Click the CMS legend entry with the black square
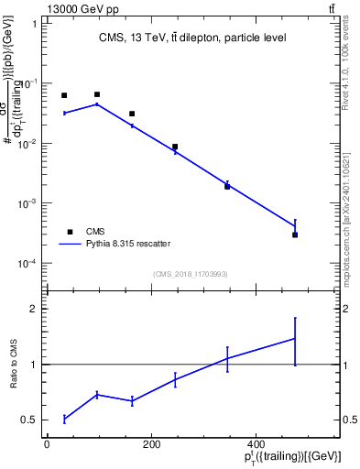95,232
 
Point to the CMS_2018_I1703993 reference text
191,274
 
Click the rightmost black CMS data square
295,235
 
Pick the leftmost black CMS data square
64,95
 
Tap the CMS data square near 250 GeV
175,147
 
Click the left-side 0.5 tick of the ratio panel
31,420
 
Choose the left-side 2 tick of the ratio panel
35,309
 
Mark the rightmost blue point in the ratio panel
295,339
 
